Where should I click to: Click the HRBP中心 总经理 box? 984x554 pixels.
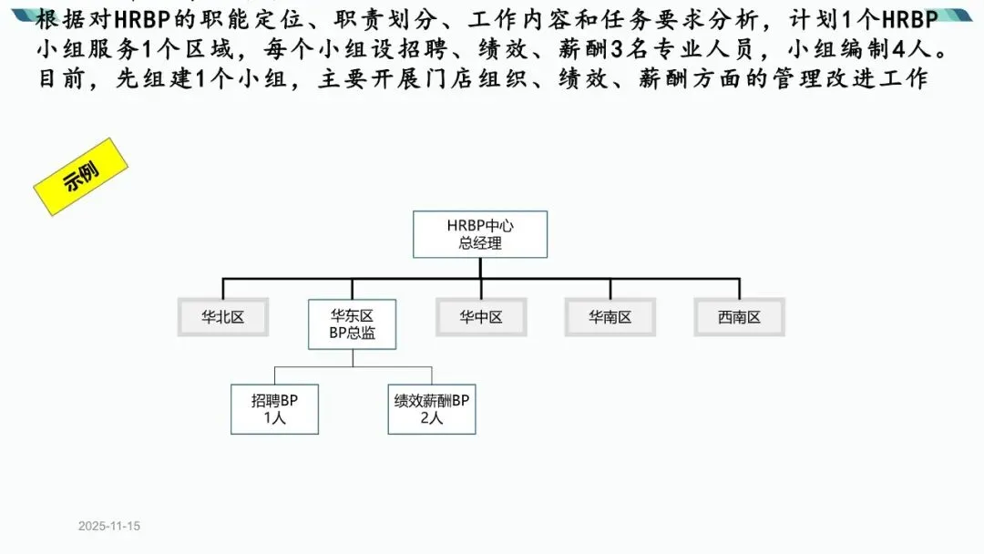pyautogui.click(x=480, y=234)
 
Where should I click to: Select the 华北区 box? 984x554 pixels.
pyautogui.click(x=223, y=317)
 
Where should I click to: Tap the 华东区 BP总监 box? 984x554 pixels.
pyautogui.click(x=353, y=324)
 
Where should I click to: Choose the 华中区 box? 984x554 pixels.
pyautogui.click(x=480, y=317)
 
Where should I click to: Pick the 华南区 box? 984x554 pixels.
pyautogui.click(x=610, y=317)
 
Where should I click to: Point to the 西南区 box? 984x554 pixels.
pyautogui.click(x=739, y=317)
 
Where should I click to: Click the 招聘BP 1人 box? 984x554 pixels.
pyautogui.click(x=275, y=408)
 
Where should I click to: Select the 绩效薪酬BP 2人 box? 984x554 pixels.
pyautogui.click(x=432, y=408)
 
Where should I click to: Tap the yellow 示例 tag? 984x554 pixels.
pyautogui.click(x=79, y=177)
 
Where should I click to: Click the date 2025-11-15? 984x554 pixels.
pyautogui.click(x=108, y=527)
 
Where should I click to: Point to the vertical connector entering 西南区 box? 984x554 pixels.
pyautogui.click(x=739, y=288)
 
